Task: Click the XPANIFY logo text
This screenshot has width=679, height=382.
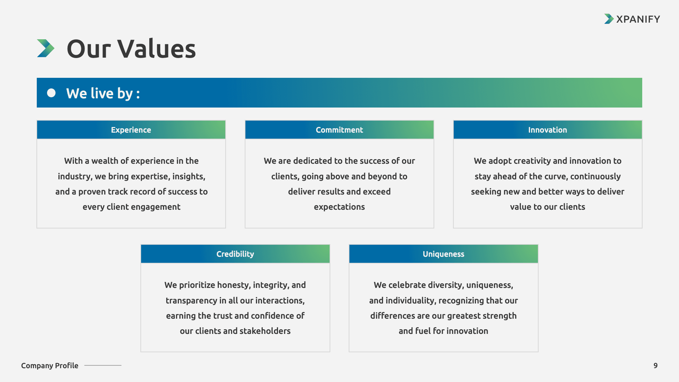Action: (x=638, y=19)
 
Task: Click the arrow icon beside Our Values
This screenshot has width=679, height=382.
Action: (x=46, y=48)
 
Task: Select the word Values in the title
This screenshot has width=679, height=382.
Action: (x=157, y=48)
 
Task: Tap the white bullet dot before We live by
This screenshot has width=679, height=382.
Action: (x=51, y=93)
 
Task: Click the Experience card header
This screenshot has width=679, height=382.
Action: (x=131, y=130)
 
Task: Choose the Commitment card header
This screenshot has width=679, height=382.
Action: (x=339, y=130)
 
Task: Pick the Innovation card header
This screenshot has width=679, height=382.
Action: (x=548, y=130)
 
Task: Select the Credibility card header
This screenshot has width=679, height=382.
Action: (x=235, y=254)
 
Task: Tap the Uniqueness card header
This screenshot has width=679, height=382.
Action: (x=443, y=254)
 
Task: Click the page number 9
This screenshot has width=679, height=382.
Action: (x=656, y=365)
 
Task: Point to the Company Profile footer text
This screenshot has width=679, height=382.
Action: (x=50, y=365)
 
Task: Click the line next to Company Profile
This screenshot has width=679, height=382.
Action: (x=103, y=365)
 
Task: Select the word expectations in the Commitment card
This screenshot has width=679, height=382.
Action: (x=339, y=207)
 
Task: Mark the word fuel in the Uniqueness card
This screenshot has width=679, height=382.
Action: (x=423, y=331)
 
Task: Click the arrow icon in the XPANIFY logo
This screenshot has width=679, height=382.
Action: (x=609, y=19)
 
